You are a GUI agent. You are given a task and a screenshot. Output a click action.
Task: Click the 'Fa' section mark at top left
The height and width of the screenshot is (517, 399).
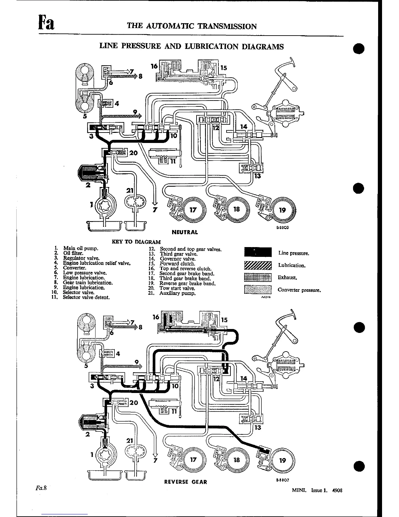point(45,23)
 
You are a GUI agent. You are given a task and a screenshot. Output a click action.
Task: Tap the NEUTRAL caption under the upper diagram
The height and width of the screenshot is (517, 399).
point(185,232)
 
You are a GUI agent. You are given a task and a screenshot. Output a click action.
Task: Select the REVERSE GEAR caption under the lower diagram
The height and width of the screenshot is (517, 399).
point(185,482)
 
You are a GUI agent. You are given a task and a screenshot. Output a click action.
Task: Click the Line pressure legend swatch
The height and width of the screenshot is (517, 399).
point(258,253)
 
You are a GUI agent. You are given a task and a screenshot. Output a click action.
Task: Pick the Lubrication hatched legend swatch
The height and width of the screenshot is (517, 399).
point(258,265)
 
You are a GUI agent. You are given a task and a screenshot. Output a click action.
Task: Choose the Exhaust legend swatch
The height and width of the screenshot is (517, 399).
point(258,277)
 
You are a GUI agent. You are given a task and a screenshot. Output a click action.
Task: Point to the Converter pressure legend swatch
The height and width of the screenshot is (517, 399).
point(258,290)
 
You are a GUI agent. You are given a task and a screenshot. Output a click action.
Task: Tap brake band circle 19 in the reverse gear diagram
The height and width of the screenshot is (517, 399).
point(282,460)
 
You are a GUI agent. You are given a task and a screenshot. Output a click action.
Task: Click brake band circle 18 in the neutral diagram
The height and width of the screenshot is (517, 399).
point(237,209)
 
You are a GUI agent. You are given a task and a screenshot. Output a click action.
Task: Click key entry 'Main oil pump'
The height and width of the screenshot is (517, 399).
point(80,248)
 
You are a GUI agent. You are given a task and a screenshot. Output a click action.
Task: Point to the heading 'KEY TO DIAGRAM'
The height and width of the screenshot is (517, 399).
point(136,242)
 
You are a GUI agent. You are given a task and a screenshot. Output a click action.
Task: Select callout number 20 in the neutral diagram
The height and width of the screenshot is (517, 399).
point(133,153)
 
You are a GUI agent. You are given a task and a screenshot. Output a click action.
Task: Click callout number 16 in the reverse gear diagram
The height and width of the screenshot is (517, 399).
point(156,317)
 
